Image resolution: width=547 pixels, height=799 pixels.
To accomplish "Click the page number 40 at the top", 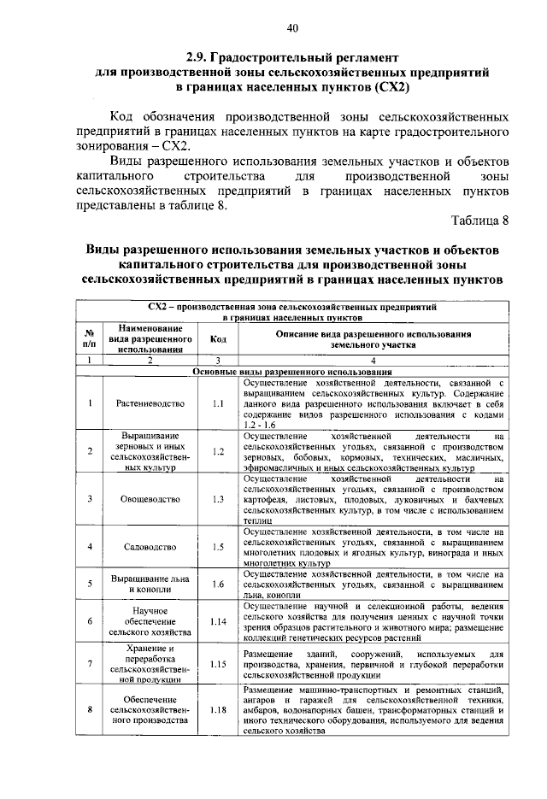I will tap(291, 28).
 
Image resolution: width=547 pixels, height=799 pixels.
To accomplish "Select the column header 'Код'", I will tap(218, 338).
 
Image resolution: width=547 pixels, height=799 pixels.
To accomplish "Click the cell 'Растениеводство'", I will tap(150, 402).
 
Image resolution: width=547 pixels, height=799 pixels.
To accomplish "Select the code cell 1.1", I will tap(218, 402).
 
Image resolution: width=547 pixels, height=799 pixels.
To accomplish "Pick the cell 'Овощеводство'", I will tap(150, 497).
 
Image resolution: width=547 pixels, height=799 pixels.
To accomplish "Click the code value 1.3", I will tap(218, 497).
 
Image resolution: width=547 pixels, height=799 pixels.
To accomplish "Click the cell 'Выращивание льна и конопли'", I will tap(150, 584).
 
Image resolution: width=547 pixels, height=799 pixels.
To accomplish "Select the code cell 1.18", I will tap(218, 709).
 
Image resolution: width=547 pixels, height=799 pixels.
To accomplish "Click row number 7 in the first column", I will tap(89, 663).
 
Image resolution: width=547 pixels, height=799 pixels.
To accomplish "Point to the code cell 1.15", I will tap(218, 663).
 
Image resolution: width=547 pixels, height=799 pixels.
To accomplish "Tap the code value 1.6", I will tap(218, 584).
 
